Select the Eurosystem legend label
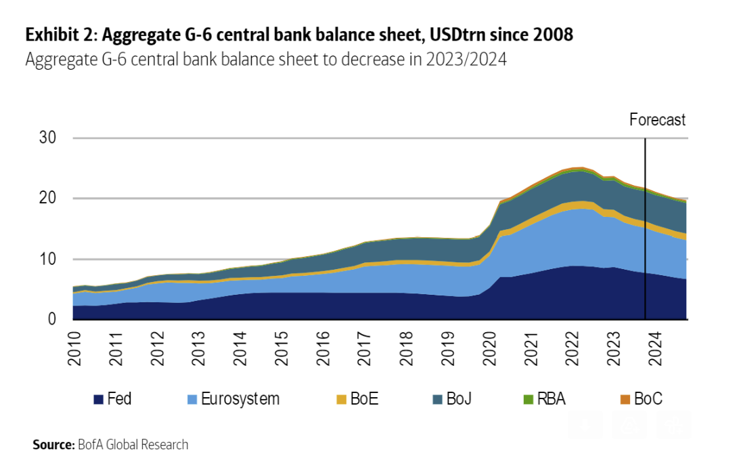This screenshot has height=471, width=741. [x=240, y=399]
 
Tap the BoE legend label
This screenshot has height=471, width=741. [x=363, y=399]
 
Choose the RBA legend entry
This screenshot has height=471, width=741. [x=550, y=399]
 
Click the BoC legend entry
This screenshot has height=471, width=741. [x=648, y=399]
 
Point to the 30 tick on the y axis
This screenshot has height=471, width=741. [x=48, y=138]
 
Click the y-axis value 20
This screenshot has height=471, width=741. [x=48, y=199]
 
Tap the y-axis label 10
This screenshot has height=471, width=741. [x=48, y=259]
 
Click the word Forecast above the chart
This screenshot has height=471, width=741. [x=657, y=121]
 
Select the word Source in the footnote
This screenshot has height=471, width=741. [x=53, y=445]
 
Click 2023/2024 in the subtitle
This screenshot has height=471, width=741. [x=466, y=60]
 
